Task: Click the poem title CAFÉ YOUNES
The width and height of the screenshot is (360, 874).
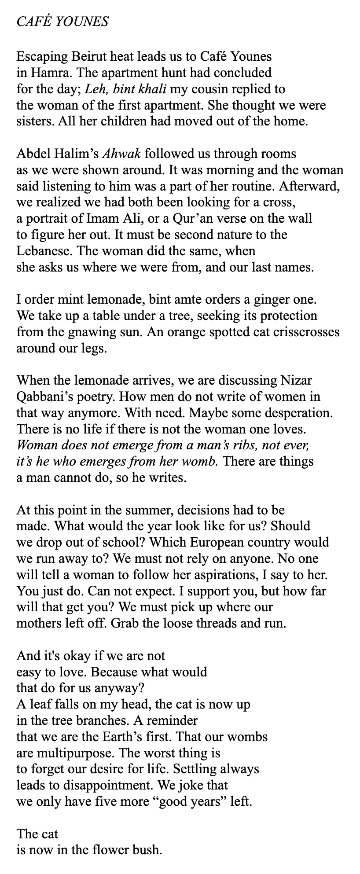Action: [x=62, y=22]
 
